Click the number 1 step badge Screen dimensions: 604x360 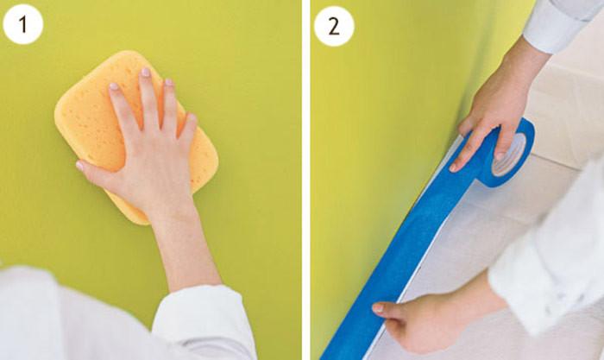pyautogui.click(x=23, y=25)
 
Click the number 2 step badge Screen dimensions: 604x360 pyautogui.click(x=334, y=26)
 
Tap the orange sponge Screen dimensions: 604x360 pyautogui.click(x=135, y=135)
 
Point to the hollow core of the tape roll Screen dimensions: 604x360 pyautogui.click(x=509, y=155)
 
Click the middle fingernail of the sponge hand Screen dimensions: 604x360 pyautogui.click(x=146, y=73)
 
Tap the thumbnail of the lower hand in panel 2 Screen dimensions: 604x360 pyautogui.click(x=378, y=308)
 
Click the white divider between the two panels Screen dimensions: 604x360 pyautogui.click(x=305, y=180)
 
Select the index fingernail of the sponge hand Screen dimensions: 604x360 pyautogui.click(x=114, y=86)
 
